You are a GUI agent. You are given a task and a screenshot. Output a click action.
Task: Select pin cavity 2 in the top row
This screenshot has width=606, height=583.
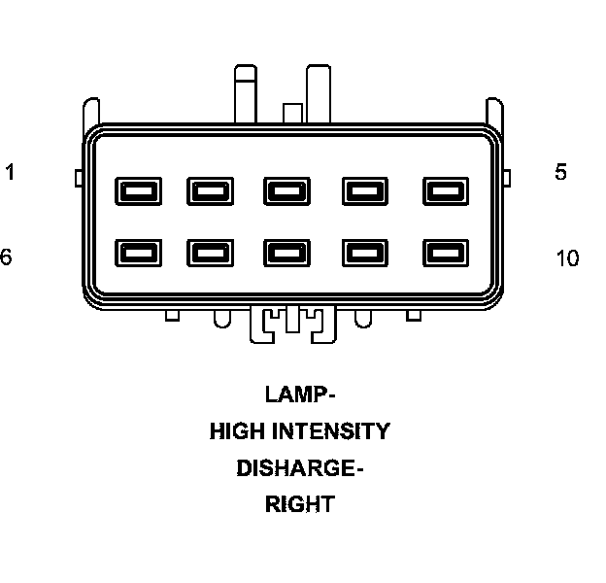[208, 190]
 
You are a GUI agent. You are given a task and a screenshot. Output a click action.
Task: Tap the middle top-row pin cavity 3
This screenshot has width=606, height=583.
[286, 190]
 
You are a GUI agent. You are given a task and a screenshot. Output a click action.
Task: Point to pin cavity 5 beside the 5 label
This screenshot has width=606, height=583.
[441, 190]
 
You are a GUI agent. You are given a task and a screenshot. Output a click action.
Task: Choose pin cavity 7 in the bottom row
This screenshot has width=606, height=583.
[208, 253]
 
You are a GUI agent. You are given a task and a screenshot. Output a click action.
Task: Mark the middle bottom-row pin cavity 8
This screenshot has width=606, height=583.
[286, 253]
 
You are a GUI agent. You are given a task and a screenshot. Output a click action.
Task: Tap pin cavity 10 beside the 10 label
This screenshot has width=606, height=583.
[441, 253]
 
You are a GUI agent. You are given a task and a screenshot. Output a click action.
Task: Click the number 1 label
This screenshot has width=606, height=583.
[10, 173]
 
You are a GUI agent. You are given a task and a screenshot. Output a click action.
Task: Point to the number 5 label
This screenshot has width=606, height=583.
[560, 173]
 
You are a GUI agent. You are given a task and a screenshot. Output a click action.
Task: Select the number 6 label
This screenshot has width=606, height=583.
[6, 257]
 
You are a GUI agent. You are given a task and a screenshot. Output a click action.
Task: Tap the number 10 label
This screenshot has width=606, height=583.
[567, 258]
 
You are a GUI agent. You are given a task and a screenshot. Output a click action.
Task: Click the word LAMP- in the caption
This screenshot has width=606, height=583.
[300, 394]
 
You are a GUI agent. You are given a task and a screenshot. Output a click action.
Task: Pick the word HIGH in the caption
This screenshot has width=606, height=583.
[237, 430]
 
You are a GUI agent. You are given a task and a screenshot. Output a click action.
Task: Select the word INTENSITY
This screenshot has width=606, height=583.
[330, 430]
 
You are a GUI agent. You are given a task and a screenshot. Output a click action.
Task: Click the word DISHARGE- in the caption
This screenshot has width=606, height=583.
[300, 468]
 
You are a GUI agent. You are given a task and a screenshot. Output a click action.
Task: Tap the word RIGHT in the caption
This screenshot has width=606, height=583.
[300, 504]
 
